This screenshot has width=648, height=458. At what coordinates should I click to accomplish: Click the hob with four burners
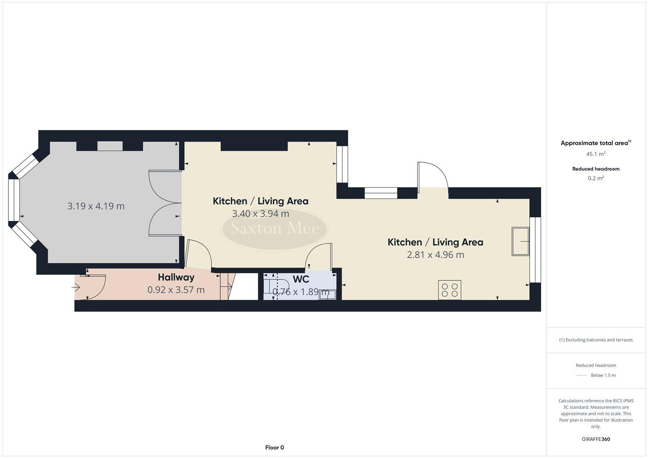[x=450, y=290]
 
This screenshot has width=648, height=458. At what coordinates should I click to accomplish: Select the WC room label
[x=301, y=279]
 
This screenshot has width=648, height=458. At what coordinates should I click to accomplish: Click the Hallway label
[x=176, y=277]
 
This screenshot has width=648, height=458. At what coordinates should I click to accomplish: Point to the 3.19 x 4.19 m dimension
[x=96, y=206]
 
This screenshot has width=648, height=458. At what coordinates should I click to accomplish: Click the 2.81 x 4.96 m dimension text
[x=435, y=255]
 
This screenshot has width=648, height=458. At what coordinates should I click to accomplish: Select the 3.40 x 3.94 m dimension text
[x=261, y=214]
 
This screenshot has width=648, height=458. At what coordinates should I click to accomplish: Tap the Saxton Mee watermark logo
[x=275, y=229]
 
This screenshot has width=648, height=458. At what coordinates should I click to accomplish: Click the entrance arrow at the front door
[x=76, y=288]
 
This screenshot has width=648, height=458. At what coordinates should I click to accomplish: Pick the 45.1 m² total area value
[x=596, y=154]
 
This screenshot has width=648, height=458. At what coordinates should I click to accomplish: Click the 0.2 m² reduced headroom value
[x=596, y=178]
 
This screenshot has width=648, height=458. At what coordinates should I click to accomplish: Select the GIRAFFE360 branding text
[x=596, y=439]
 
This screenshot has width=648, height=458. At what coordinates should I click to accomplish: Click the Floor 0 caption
[x=275, y=447]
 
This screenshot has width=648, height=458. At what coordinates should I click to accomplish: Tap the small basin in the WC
[x=327, y=295]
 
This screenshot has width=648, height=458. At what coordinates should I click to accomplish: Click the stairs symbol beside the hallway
[x=227, y=287]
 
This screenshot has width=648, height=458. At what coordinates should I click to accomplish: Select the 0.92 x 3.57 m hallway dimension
[x=176, y=290]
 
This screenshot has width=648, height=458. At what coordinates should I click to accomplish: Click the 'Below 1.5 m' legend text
[x=603, y=375]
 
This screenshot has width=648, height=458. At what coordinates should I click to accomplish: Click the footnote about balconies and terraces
[x=596, y=340]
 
